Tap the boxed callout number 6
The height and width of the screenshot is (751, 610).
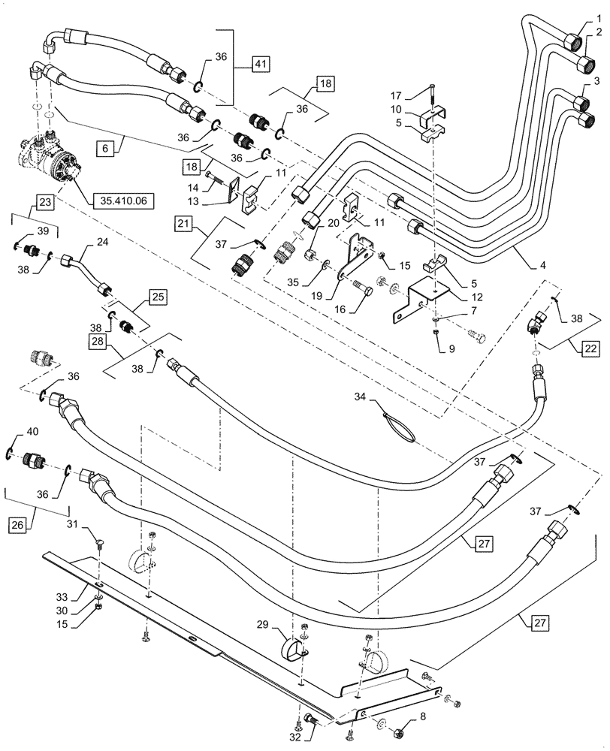[105, 149]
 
